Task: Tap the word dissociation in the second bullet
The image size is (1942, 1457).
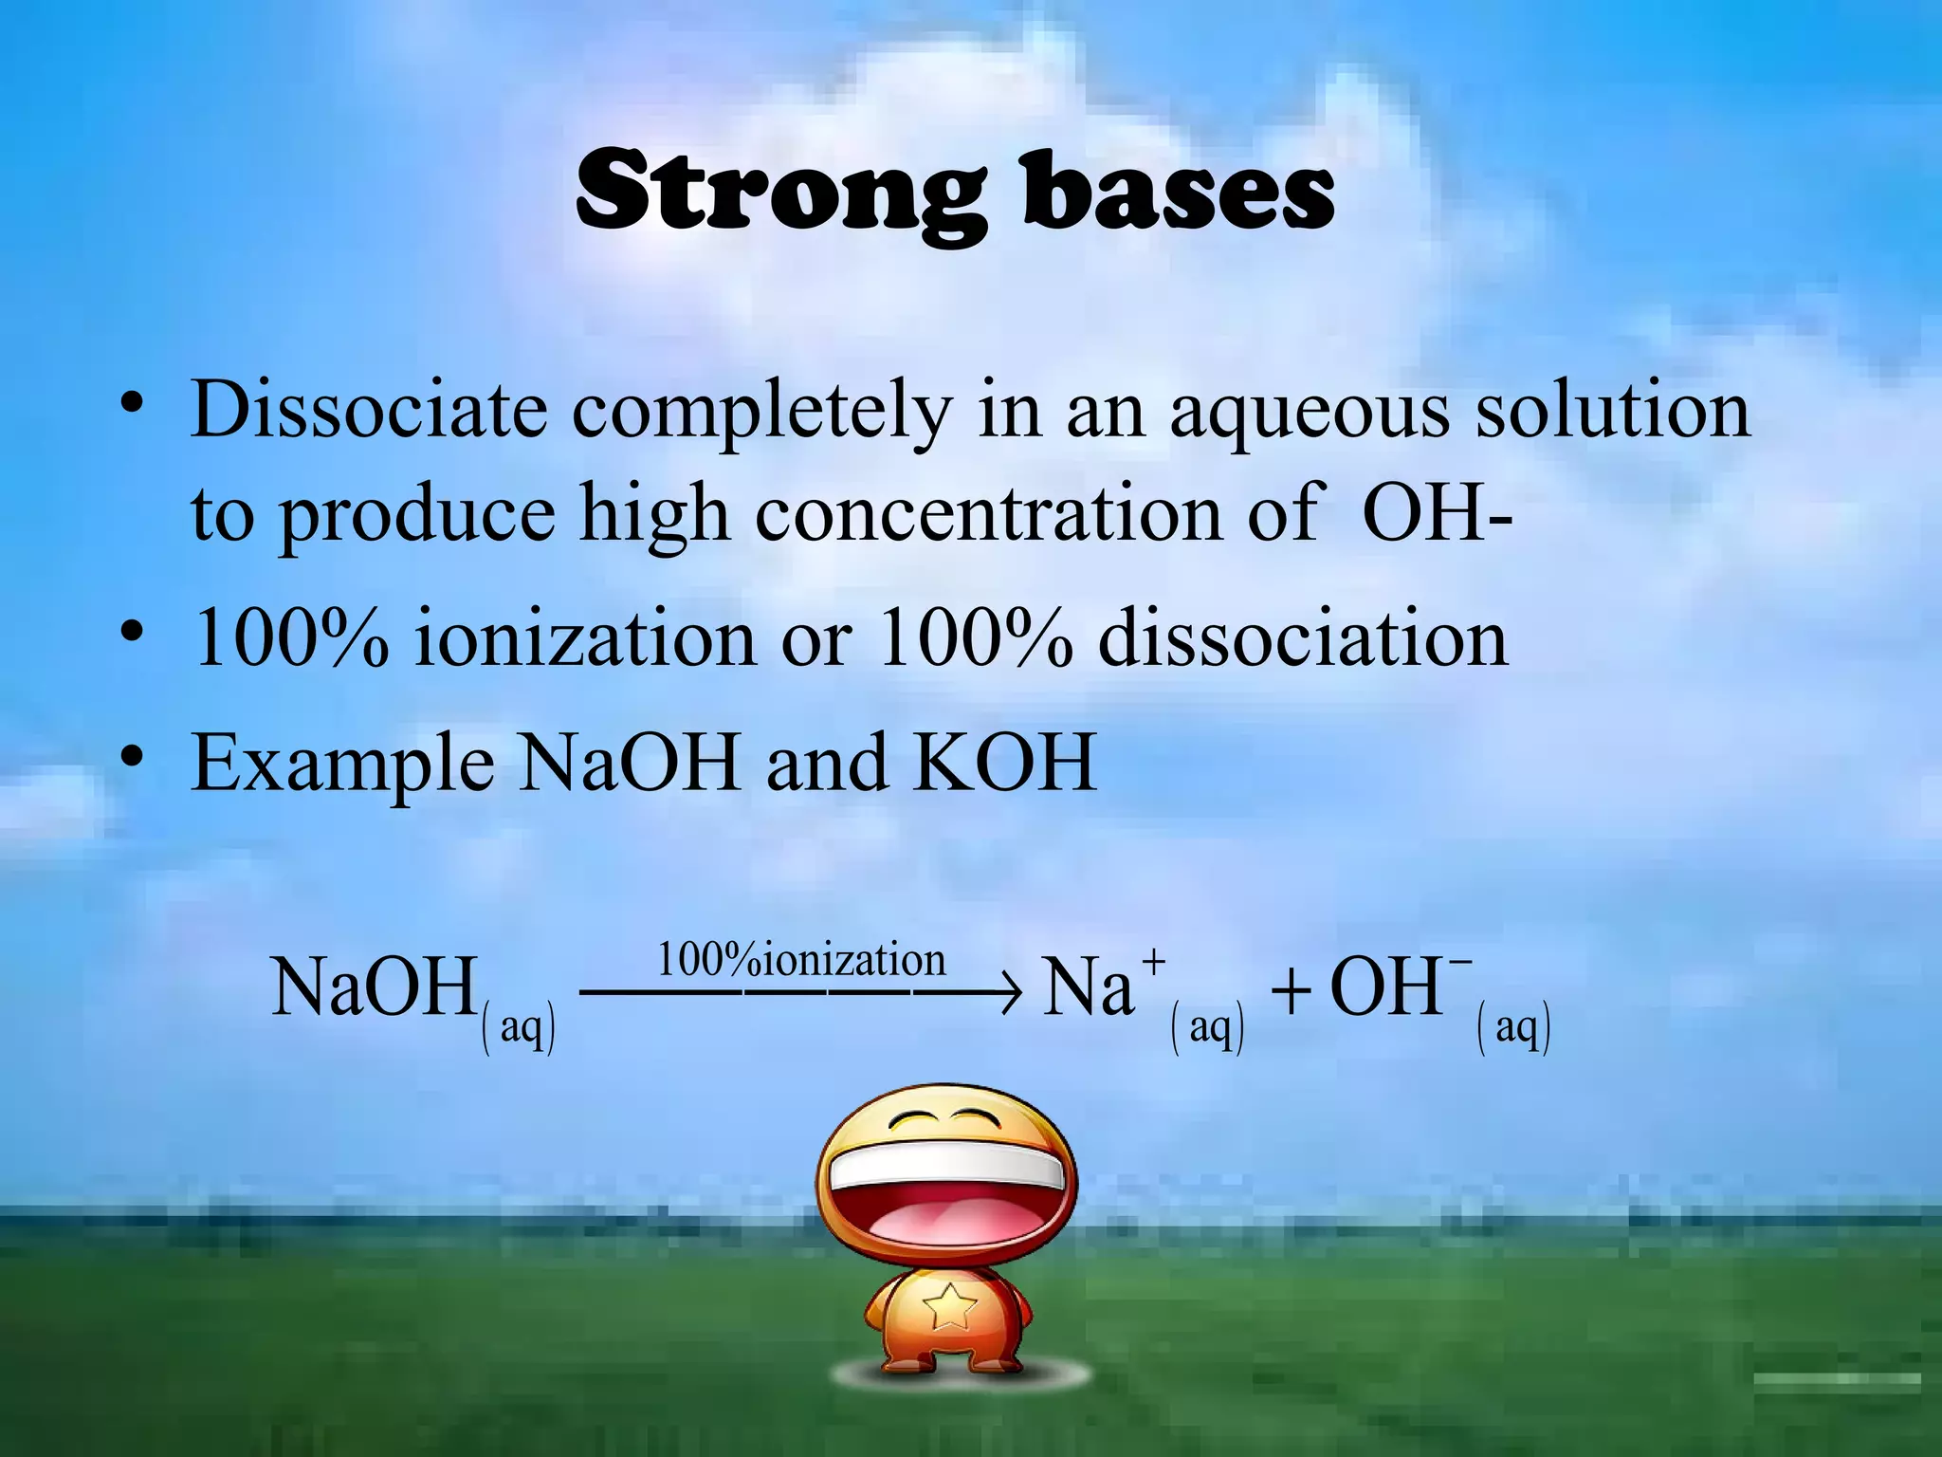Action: pos(1302,639)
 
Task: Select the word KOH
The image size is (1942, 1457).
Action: pos(1004,763)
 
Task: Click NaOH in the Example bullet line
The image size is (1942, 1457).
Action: pos(630,763)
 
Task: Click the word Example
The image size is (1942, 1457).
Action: pos(342,765)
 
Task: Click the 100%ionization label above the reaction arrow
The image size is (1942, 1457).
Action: pos(801,960)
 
